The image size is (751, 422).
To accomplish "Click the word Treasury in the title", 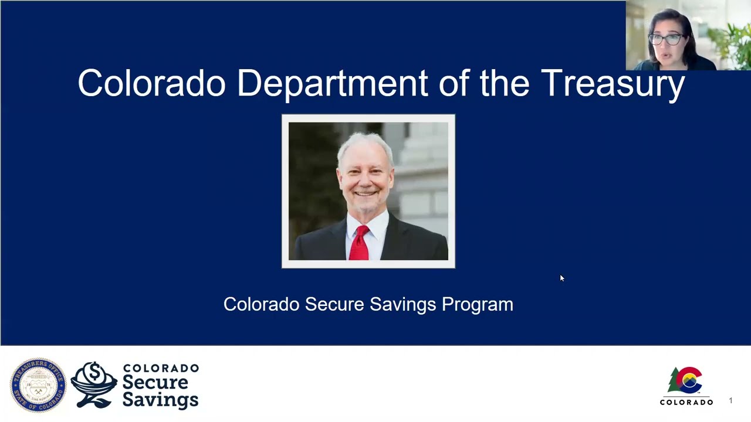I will click(613, 84).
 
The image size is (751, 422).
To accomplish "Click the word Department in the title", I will click(332, 84).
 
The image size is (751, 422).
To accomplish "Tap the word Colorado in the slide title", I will click(151, 84).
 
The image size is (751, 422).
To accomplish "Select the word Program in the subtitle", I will click(477, 304).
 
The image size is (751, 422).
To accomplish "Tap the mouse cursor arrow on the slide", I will click(561, 278).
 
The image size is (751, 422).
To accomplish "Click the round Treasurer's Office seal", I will click(38, 385).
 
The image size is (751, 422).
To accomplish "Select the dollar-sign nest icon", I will click(94, 384).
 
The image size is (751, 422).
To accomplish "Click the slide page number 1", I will click(730, 401).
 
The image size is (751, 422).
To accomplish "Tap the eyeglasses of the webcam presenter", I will click(665, 40).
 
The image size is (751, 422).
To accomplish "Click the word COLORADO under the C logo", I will click(686, 403).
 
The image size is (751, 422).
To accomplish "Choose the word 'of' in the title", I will click(454, 84).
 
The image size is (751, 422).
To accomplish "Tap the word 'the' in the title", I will click(505, 84).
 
